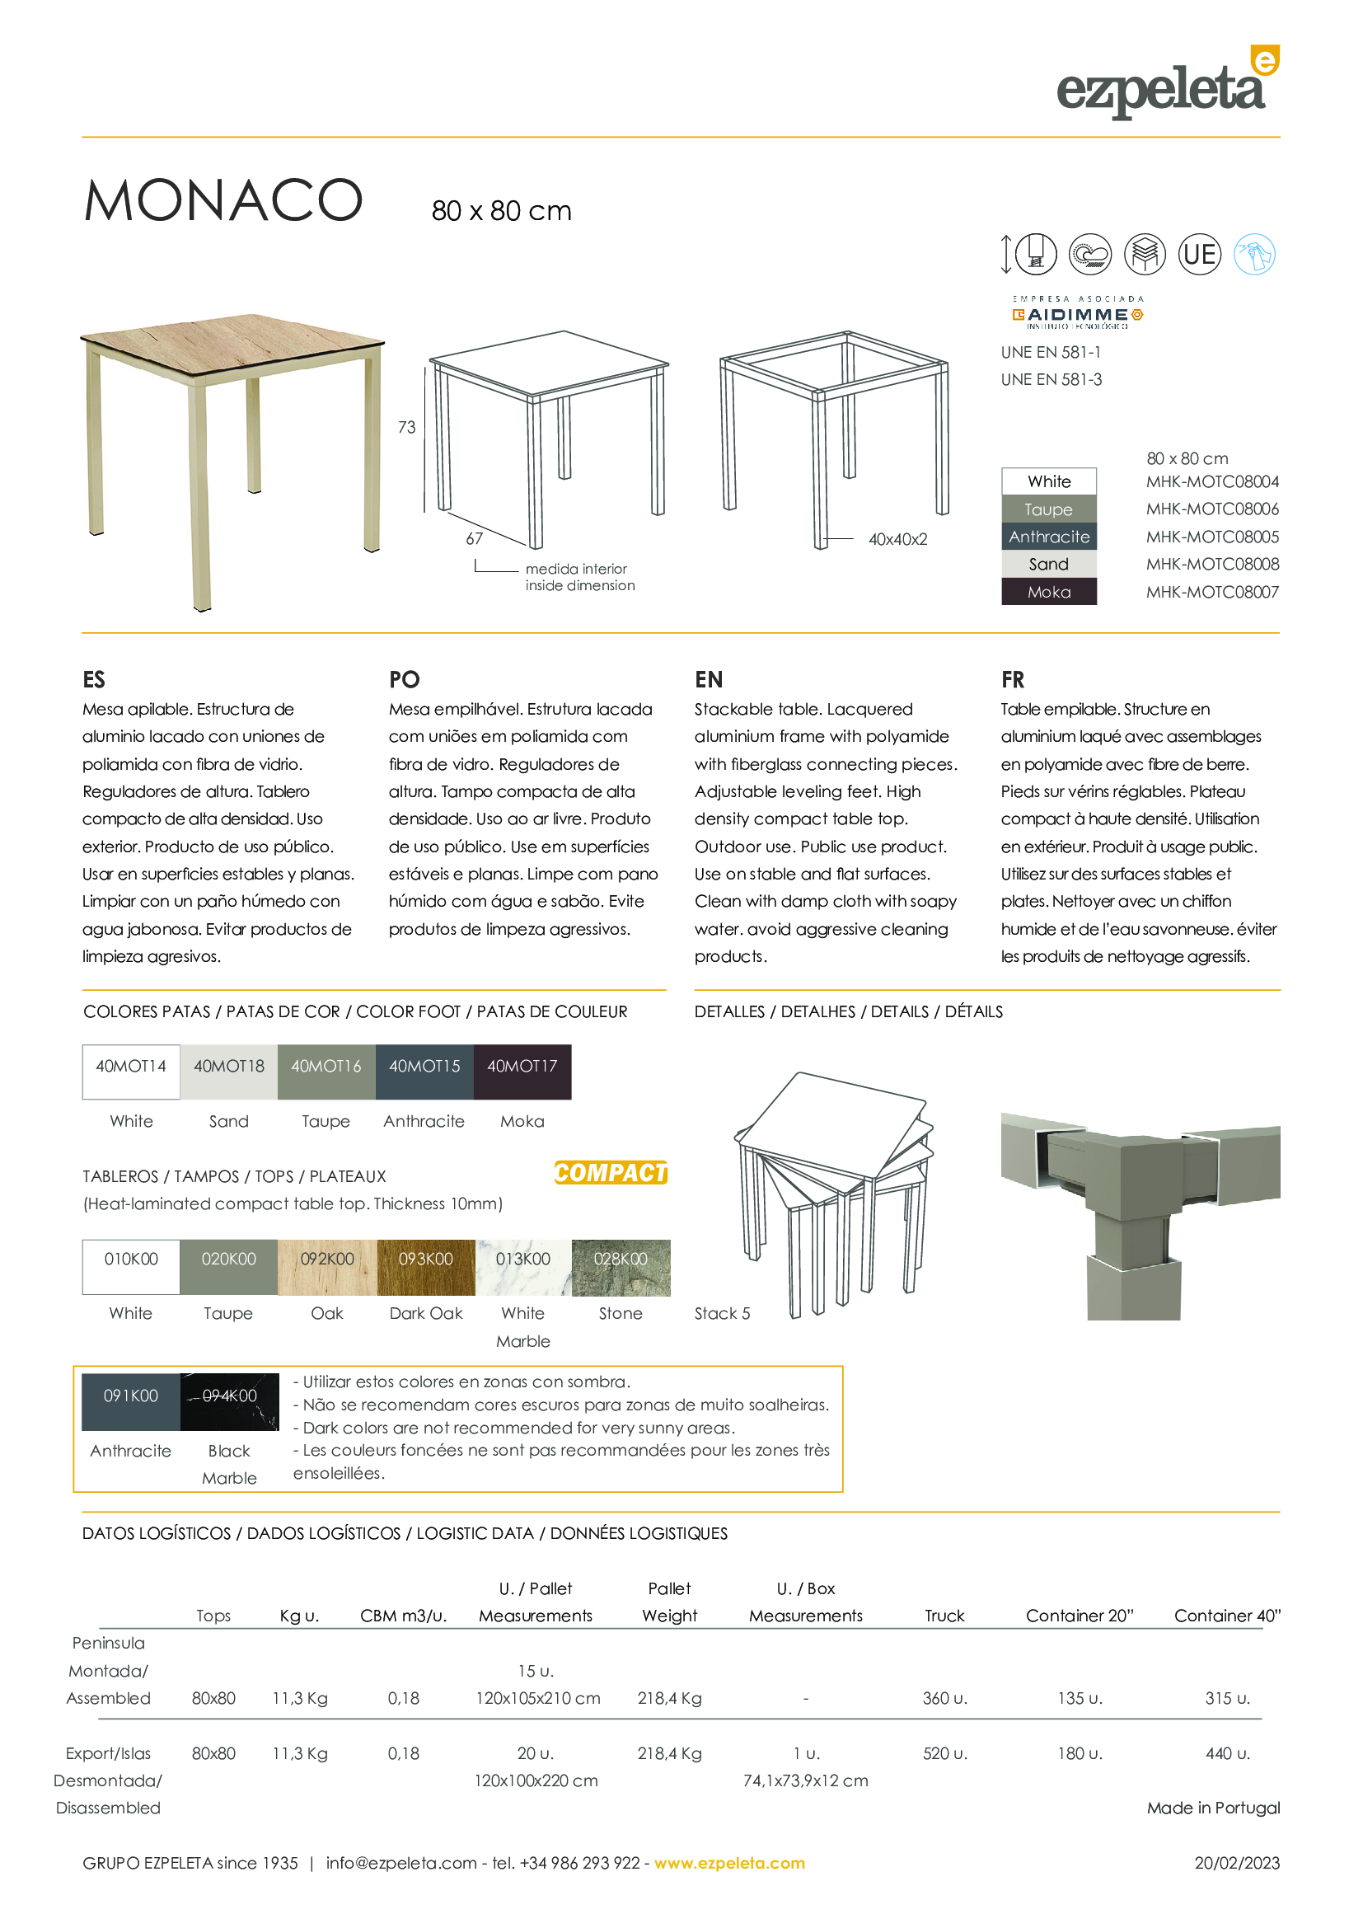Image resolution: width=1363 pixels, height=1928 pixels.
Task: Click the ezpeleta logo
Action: pyautogui.click(x=1167, y=85)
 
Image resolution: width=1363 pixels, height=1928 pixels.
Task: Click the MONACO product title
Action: pyautogui.click(x=223, y=200)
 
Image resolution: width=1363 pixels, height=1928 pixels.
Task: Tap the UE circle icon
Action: pyautogui.click(x=1198, y=254)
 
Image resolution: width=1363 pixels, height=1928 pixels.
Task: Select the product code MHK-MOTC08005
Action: pyautogui.click(x=1212, y=537)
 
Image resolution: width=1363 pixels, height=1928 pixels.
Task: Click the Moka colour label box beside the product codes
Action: pyautogui.click(x=1048, y=592)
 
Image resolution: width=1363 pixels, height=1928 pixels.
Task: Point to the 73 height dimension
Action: pyautogui.click(x=406, y=428)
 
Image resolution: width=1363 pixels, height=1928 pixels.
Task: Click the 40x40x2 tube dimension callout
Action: pyautogui.click(x=897, y=539)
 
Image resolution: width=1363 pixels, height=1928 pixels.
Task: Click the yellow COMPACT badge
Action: pyautogui.click(x=610, y=1172)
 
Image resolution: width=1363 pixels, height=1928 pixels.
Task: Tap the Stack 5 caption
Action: pyautogui.click(x=722, y=1313)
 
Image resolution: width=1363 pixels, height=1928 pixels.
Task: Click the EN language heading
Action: pyautogui.click(x=709, y=679)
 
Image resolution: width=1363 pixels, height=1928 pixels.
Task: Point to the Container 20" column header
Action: pyautogui.click(x=1079, y=1616)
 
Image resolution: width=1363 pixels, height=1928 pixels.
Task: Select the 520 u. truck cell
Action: pyautogui.click(x=944, y=1753)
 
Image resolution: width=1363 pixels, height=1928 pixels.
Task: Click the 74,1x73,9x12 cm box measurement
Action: pyautogui.click(x=805, y=1780)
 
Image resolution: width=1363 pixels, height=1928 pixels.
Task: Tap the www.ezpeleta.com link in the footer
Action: pyautogui.click(x=729, y=1863)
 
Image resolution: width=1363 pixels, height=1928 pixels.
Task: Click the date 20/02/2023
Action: pyautogui.click(x=1236, y=1863)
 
